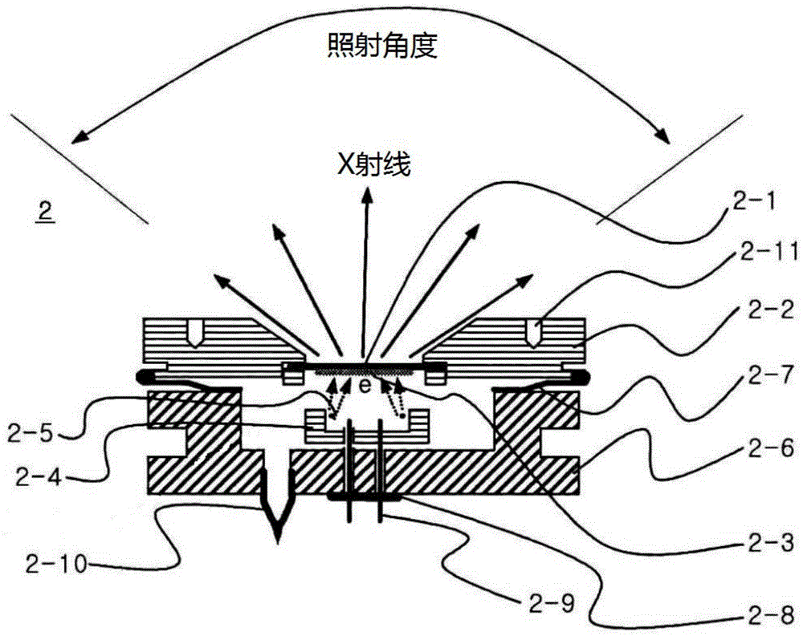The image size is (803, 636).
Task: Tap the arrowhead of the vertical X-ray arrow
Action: pos(367,192)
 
